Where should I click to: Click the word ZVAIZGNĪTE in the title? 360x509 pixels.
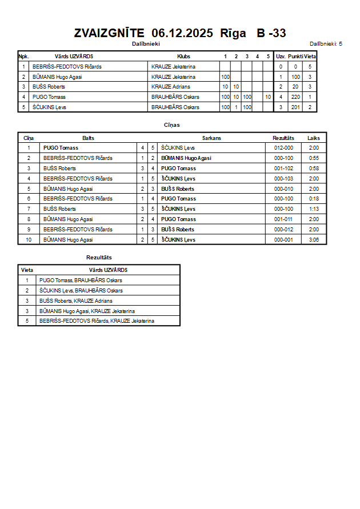(109, 33)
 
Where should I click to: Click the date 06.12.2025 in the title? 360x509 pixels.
(182, 33)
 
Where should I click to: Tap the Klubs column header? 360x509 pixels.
(184, 57)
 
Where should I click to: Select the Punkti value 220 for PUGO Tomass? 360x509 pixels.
(295, 97)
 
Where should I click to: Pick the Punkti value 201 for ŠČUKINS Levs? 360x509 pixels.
(295, 107)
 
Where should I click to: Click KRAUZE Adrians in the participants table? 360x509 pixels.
(171, 87)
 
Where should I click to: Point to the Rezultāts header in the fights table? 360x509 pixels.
(283, 138)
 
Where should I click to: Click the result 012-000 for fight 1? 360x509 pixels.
(283, 148)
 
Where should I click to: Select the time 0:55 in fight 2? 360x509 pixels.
(314, 158)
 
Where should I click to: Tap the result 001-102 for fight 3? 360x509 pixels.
(283, 169)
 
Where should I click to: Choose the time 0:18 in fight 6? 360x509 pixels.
(314, 199)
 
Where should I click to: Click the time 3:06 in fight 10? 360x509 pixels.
(314, 240)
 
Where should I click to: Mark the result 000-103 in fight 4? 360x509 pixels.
(283, 179)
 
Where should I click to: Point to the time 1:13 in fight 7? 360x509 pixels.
(314, 209)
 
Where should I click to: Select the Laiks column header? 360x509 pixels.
(314, 138)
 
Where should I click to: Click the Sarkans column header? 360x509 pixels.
(211, 138)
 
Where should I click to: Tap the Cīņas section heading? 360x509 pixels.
(172, 125)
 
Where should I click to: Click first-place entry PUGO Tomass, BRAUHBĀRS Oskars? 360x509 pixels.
(81, 280)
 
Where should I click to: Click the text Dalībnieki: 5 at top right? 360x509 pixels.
(326, 43)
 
